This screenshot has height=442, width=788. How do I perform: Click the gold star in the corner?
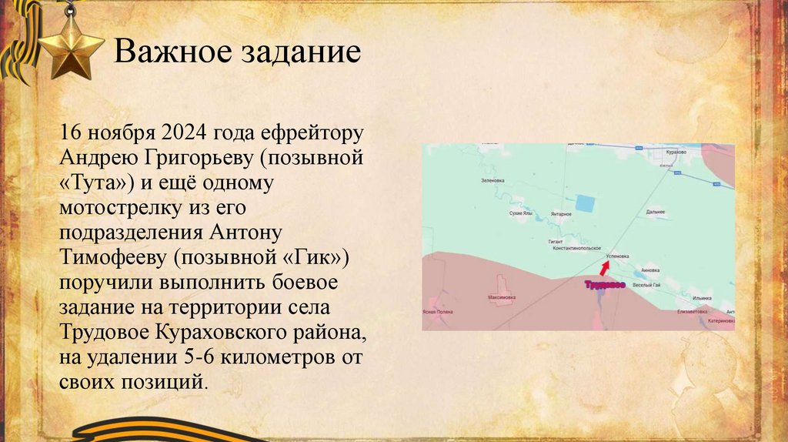pyautogui.click(x=70, y=47)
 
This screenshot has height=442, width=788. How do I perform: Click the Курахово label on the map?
pyautogui.click(x=677, y=153)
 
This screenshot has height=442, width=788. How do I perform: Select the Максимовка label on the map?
pyautogui.click(x=500, y=296)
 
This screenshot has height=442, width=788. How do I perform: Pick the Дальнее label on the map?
pyautogui.click(x=656, y=211)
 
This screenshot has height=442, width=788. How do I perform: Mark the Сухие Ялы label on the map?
pyautogui.click(x=521, y=213)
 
